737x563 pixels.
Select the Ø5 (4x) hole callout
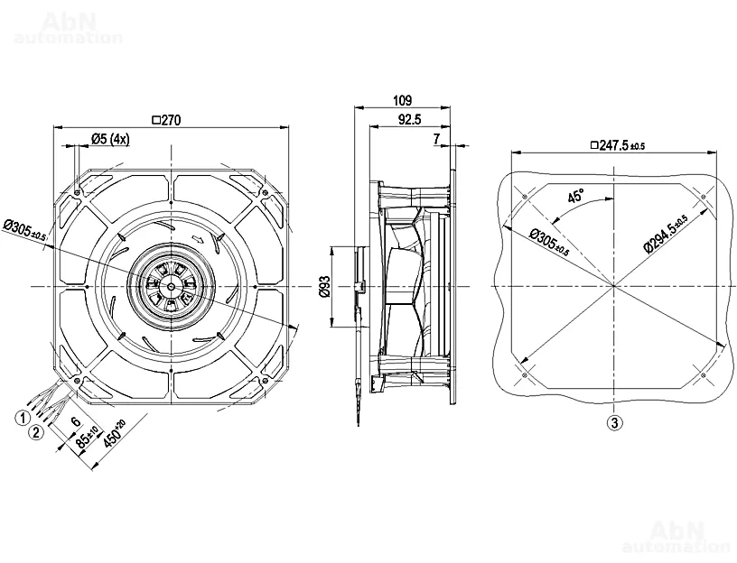point(110,138)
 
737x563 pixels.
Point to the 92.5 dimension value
point(408,119)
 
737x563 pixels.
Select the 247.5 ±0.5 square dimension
point(617,144)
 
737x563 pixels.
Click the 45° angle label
point(575,195)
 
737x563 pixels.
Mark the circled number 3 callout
point(614,421)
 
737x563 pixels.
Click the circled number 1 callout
point(20,417)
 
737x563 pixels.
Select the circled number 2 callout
point(36,431)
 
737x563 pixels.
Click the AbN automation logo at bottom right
point(676,535)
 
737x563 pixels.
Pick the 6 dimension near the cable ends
point(75,421)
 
